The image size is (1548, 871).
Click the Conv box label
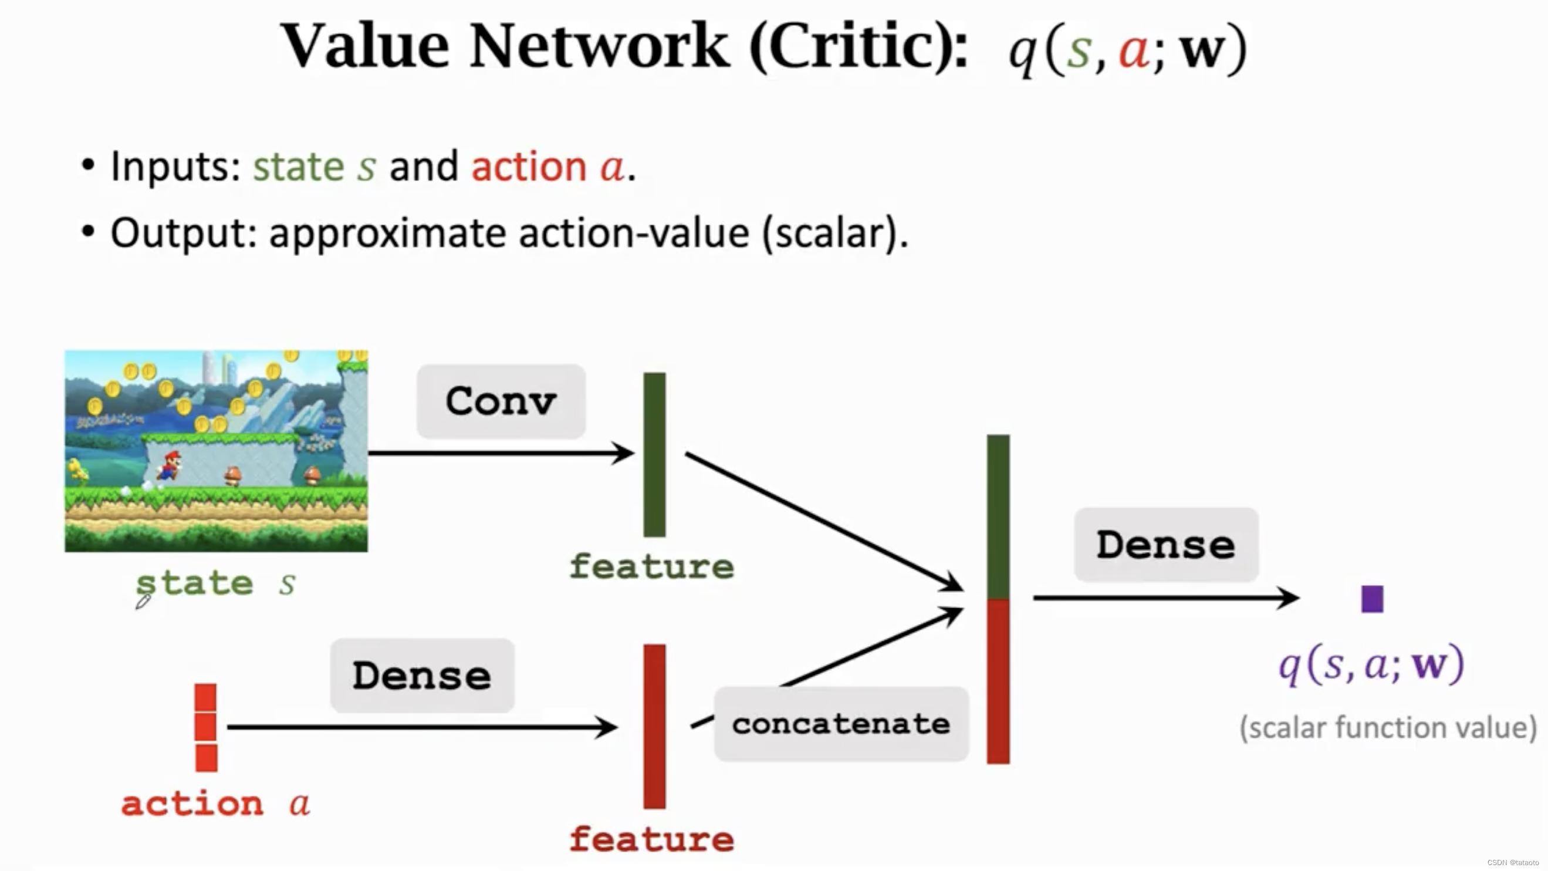(501, 401)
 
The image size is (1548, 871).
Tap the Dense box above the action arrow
(422, 676)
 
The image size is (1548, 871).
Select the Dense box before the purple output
(1166, 545)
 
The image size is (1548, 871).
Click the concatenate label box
(841, 724)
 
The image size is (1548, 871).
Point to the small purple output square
(1372, 599)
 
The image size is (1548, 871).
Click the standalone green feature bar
(654, 454)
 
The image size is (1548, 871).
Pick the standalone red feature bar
(654, 726)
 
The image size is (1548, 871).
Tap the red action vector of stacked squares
(205, 727)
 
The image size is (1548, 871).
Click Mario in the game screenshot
(171, 465)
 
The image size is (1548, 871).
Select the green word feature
(651, 567)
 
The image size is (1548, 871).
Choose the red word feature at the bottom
(651, 839)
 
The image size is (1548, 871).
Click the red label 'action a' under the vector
(215, 804)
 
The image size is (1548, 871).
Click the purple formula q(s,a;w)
(1372, 665)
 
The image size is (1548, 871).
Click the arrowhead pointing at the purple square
(1289, 598)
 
